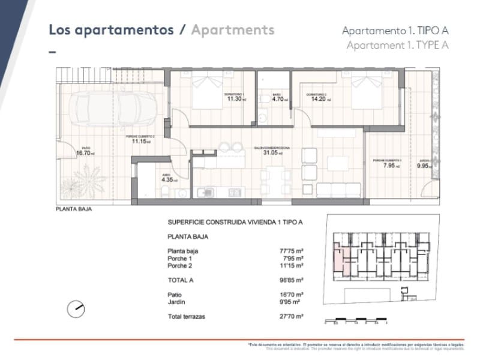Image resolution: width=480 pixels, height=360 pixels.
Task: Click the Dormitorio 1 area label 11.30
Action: point(234,99)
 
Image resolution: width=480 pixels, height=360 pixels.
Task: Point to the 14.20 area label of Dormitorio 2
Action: point(318,99)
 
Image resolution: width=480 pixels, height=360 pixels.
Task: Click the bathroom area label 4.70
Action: point(278,99)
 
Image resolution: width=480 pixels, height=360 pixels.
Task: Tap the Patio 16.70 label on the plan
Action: point(83,152)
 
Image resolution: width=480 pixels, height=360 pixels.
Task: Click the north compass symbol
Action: point(76,309)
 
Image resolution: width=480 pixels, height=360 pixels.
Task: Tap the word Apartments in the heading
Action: point(232,30)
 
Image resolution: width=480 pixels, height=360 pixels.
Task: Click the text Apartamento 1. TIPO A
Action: point(395,31)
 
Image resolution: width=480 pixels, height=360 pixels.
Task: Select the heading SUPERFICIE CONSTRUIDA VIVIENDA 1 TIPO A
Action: point(235,222)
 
